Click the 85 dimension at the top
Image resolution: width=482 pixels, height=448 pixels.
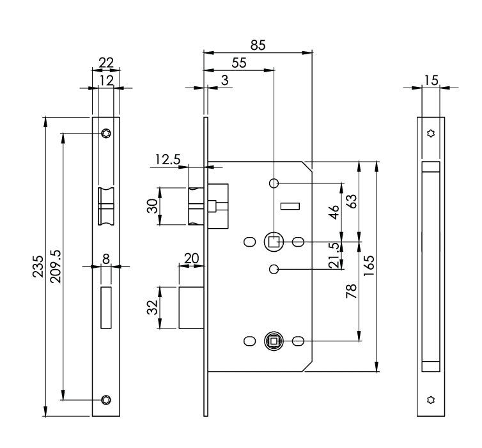(x=258, y=45)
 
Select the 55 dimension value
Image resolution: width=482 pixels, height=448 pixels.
(x=238, y=62)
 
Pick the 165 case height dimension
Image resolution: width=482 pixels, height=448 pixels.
(x=369, y=263)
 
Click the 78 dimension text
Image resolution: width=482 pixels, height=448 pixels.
(x=351, y=292)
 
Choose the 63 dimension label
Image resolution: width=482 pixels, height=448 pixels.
(x=351, y=201)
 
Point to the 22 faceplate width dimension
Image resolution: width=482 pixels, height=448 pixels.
(x=105, y=63)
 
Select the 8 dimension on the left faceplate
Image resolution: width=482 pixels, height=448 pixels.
(x=105, y=259)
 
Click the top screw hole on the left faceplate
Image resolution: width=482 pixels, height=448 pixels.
(x=105, y=133)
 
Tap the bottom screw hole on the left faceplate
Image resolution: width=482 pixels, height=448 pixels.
(x=105, y=401)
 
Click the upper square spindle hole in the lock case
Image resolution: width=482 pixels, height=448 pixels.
(x=274, y=242)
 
